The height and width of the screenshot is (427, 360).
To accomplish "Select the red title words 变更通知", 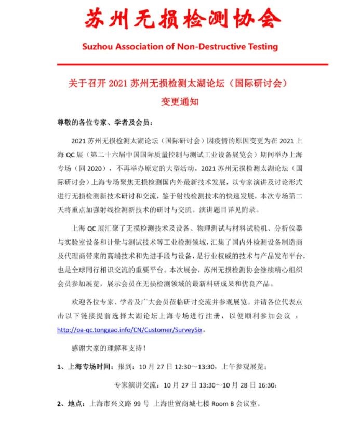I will pos(180,101).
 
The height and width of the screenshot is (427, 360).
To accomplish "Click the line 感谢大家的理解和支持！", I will pos(108,348).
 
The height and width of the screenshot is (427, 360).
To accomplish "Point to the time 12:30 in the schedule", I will pos(180,367).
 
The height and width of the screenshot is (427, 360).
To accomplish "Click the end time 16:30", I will pos(265,385).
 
